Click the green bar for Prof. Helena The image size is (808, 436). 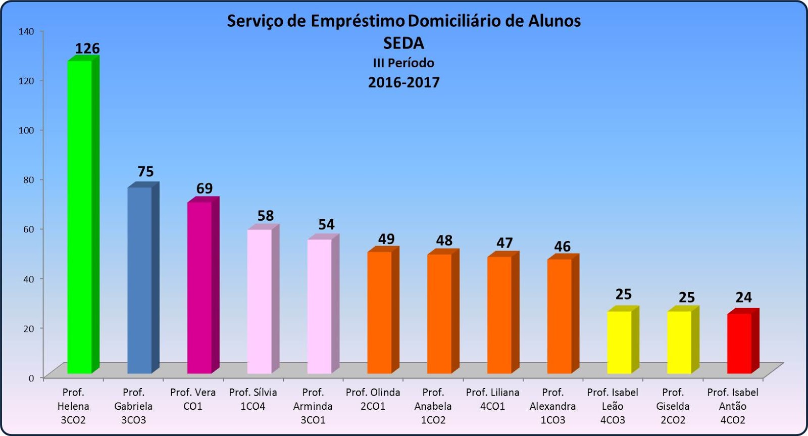(x=80, y=217)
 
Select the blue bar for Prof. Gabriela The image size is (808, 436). (x=140, y=280)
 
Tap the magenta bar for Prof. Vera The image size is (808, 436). (x=200, y=288)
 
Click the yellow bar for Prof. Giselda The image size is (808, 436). (x=680, y=343)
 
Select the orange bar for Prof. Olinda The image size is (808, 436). (x=380, y=313)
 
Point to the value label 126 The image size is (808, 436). (x=87, y=49)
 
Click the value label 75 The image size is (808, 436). (x=145, y=172)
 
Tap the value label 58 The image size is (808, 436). (x=266, y=216)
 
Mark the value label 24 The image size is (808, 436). (x=743, y=298)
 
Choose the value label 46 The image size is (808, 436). (x=562, y=247)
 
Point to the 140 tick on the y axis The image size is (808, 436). (x=26, y=31)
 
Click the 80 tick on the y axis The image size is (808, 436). (x=28, y=180)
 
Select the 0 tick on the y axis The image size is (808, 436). (x=31, y=378)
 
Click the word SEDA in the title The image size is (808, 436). (x=403, y=43)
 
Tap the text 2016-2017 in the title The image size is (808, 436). (x=403, y=82)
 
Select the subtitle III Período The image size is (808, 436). (x=403, y=63)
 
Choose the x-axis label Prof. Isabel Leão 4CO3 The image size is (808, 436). (x=613, y=406)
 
